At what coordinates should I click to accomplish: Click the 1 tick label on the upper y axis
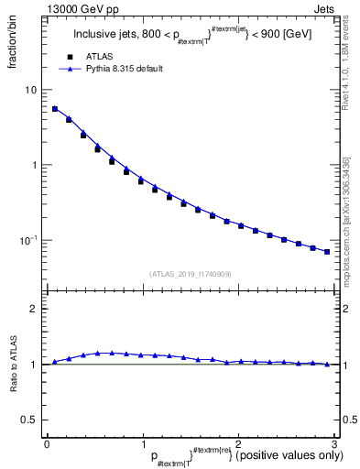click(x=34, y=166)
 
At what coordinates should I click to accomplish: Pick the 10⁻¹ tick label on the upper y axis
click(x=29, y=240)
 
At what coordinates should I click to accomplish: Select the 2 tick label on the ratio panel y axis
click(x=34, y=309)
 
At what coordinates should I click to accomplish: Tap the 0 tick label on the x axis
click(x=47, y=443)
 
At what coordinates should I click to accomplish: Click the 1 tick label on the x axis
click(x=142, y=443)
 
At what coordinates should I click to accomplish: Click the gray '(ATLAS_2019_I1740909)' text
click(x=190, y=273)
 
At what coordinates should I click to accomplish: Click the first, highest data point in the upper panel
click(x=54, y=109)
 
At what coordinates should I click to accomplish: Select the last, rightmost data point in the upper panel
click(x=327, y=252)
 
